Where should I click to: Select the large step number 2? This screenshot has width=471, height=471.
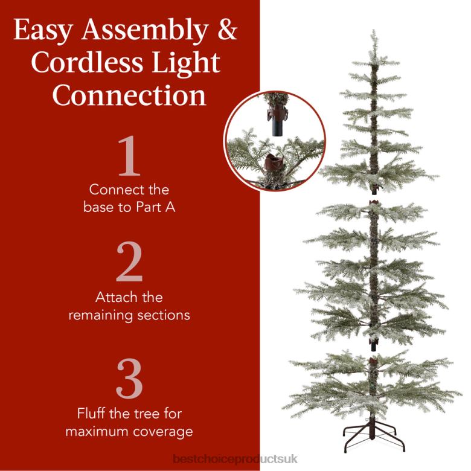pos(129,264)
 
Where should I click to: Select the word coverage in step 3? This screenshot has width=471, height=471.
pos(165,432)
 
